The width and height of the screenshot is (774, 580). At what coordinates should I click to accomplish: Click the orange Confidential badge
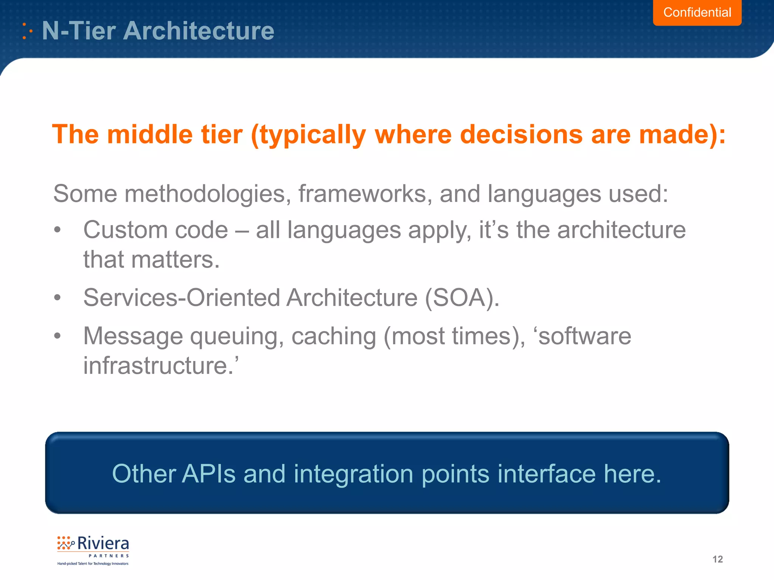coord(697,12)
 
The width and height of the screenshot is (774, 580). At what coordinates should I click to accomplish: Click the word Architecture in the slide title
coord(199,31)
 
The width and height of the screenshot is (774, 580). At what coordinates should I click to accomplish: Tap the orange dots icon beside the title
coord(27,31)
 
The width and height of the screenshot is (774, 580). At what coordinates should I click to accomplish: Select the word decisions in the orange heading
coord(521,134)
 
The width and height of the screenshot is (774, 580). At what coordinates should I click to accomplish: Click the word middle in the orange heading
coord(149,134)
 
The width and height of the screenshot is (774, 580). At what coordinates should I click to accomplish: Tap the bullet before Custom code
coord(57,230)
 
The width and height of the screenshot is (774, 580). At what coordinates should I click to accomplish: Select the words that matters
coord(151,260)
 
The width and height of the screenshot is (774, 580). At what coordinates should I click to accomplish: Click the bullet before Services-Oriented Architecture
coord(57,298)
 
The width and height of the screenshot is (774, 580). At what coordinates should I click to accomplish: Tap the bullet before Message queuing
coord(57,335)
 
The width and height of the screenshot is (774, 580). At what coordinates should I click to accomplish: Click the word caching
coord(333,336)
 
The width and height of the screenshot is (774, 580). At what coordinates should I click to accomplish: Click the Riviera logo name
coord(103,544)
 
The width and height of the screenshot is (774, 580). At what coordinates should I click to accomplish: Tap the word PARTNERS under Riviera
coord(109,556)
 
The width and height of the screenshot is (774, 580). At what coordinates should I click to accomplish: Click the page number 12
coord(717,559)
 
